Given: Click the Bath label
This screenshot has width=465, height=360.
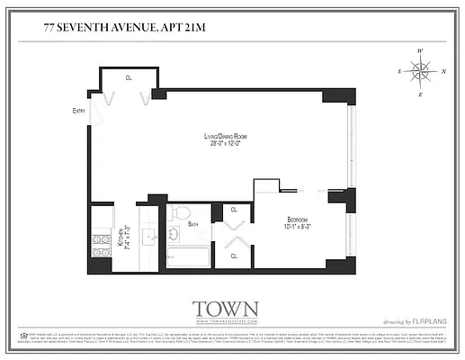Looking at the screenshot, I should click(193, 223).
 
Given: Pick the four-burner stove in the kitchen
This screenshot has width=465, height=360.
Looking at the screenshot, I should click(101, 246).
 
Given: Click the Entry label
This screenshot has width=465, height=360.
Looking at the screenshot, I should click(80, 111).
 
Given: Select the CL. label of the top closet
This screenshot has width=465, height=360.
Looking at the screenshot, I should click(129, 78).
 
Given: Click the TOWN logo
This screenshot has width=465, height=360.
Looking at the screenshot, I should click(226, 308).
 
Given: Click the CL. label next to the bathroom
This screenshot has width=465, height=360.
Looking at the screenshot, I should click(235, 210).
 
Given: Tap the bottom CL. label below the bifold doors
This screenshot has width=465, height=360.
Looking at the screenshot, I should click(235, 256).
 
